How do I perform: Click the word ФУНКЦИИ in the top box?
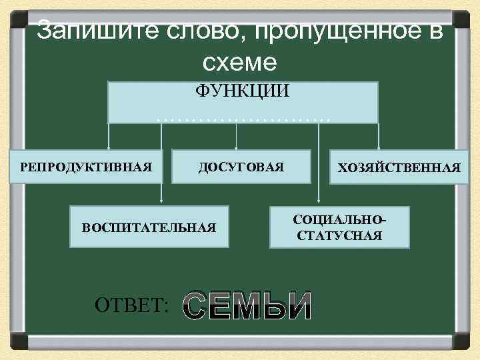(242, 91)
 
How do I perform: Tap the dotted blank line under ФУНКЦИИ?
(243, 117)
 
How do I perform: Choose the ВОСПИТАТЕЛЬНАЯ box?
(149, 227)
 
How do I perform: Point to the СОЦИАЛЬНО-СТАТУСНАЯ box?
(339, 227)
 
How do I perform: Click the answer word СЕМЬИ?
(247, 306)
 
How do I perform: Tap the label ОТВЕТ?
(133, 306)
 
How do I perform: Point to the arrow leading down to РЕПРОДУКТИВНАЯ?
(109, 137)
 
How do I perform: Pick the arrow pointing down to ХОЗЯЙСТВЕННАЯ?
(378, 137)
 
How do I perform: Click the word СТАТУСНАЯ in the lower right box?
(339, 235)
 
